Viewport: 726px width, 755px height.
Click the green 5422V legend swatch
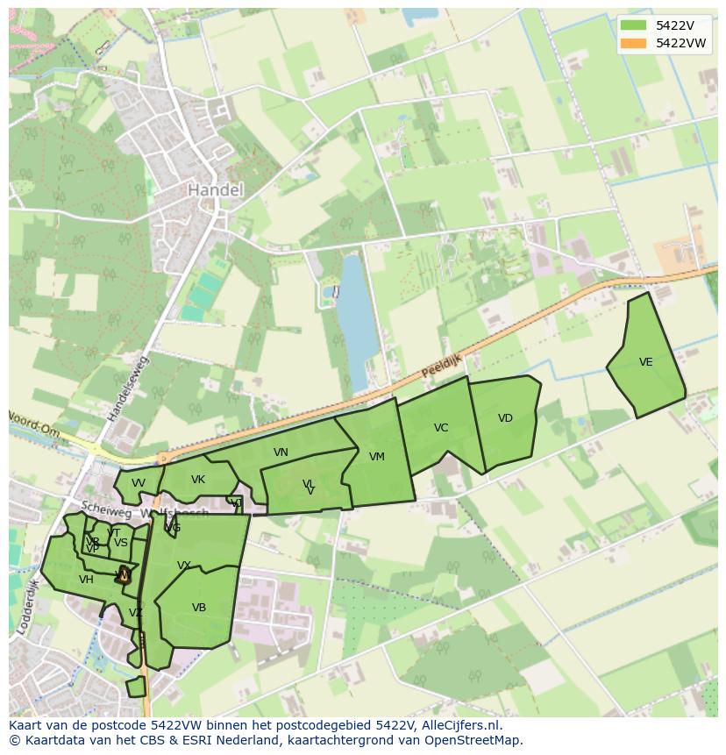pos(632,25)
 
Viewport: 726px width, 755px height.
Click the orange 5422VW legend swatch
pos(632,43)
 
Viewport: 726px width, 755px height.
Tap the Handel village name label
pos(216,189)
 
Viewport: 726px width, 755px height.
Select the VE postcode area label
pos(646,362)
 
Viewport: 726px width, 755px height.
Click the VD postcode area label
pos(505,418)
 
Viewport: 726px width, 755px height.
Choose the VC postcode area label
pos(441,428)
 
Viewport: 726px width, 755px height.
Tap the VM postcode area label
pos(377,457)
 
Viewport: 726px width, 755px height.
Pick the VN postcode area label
pos(281,452)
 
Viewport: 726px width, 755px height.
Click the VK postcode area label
pos(198,480)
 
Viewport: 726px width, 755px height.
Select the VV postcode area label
pos(139,483)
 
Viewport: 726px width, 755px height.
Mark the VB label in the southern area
pos(199,608)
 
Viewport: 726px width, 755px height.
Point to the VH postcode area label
pos(86,580)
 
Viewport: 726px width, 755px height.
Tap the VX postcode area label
pos(184,566)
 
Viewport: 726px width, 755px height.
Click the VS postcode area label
pos(121,543)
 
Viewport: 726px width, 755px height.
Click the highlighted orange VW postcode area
pos(124,575)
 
